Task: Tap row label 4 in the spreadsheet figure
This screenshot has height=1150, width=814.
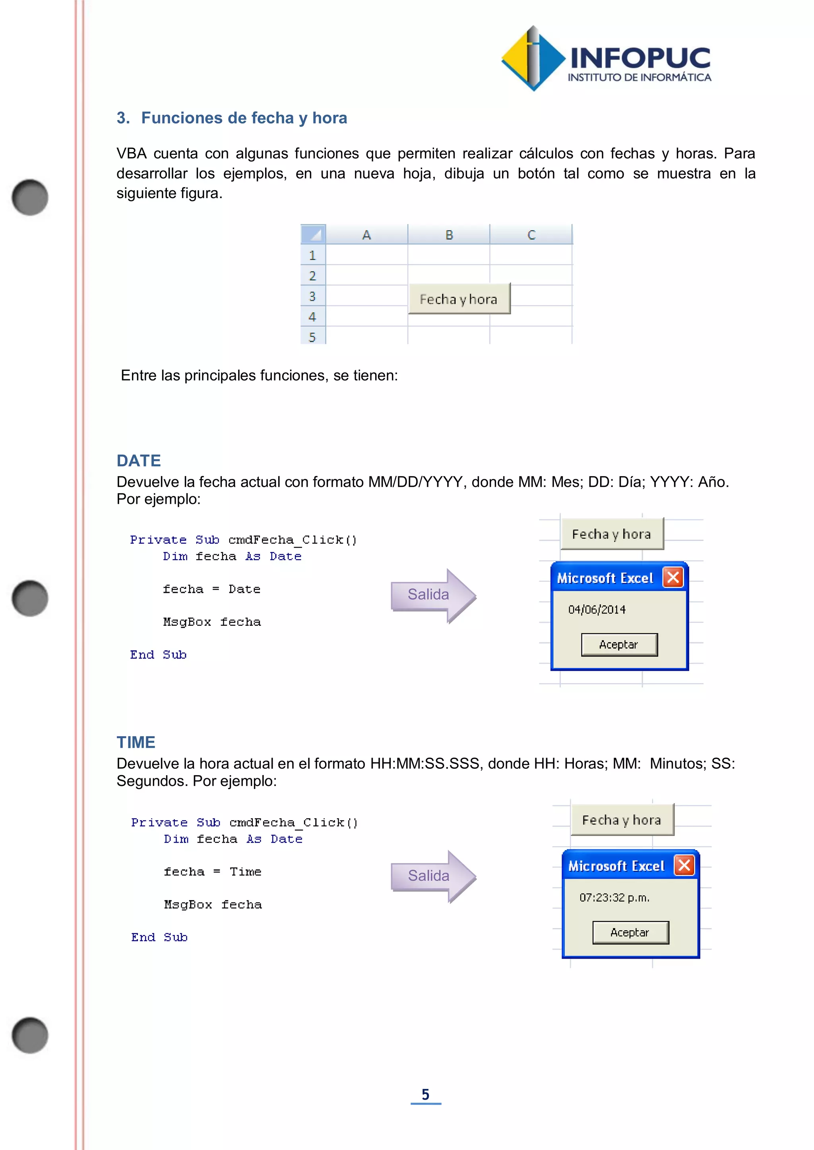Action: pyautogui.click(x=312, y=316)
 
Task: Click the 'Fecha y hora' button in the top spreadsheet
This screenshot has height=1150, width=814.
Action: pyautogui.click(x=459, y=299)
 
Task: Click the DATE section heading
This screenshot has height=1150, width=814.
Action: pyautogui.click(x=139, y=461)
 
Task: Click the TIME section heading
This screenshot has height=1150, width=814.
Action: pyautogui.click(x=136, y=742)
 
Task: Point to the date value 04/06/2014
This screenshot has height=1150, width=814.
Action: pyautogui.click(x=597, y=610)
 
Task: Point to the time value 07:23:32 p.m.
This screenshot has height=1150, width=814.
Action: pyautogui.click(x=614, y=897)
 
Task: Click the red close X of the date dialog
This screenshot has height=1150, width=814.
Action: pyautogui.click(x=673, y=577)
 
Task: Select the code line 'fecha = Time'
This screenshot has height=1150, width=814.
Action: pyautogui.click(x=213, y=872)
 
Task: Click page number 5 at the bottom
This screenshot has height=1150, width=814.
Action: pyautogui.click(x=426, y=1094)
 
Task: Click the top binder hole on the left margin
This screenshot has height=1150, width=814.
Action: pyautogui.click(x=30, y=197)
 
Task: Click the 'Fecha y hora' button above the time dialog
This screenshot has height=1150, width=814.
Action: pyautogui.click(x=622, y=820)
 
